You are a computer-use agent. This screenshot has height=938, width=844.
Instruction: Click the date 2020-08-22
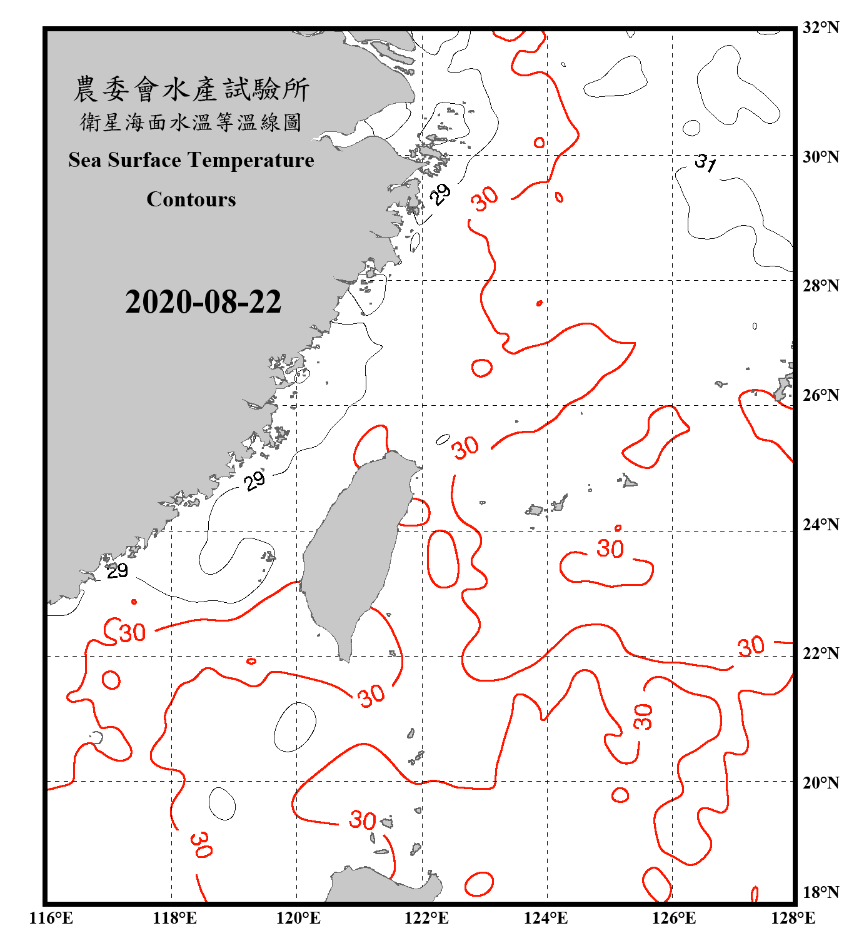203,302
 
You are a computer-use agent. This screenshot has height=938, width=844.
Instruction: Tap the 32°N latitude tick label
820,28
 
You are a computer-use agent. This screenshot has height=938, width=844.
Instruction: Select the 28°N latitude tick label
820,286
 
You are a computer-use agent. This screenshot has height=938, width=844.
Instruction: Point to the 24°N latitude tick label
820,524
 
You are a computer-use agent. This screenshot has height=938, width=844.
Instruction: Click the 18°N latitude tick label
820,892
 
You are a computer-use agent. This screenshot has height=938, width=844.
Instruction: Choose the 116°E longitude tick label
51,918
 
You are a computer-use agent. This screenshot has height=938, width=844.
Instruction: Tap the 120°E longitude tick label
298,918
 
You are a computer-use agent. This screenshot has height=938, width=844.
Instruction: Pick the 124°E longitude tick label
546,918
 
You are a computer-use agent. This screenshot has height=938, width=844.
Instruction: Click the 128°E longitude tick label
793,918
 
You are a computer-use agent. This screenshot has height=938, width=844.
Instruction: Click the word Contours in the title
191,199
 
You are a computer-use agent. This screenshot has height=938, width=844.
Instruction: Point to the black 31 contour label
706,163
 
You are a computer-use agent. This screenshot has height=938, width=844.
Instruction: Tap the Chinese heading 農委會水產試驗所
191,89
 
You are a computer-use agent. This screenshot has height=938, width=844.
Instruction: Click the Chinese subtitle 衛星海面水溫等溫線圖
191,122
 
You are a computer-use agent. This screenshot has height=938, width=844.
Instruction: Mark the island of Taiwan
356,550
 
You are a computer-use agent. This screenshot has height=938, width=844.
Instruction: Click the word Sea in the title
85,160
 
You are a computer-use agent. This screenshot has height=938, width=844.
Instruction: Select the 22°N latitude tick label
820,653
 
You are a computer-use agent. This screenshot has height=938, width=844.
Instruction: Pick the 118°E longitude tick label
174,918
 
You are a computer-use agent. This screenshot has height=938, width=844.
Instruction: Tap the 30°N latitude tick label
820,156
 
